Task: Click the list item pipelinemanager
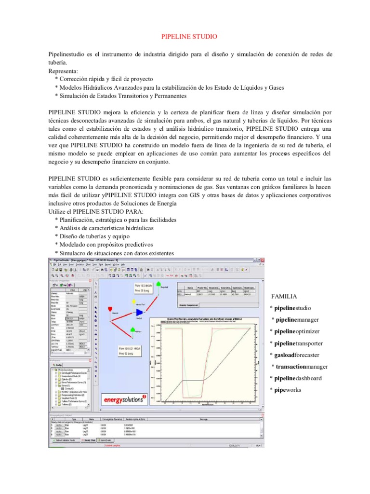pyautogui.click(x=295, y=319)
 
